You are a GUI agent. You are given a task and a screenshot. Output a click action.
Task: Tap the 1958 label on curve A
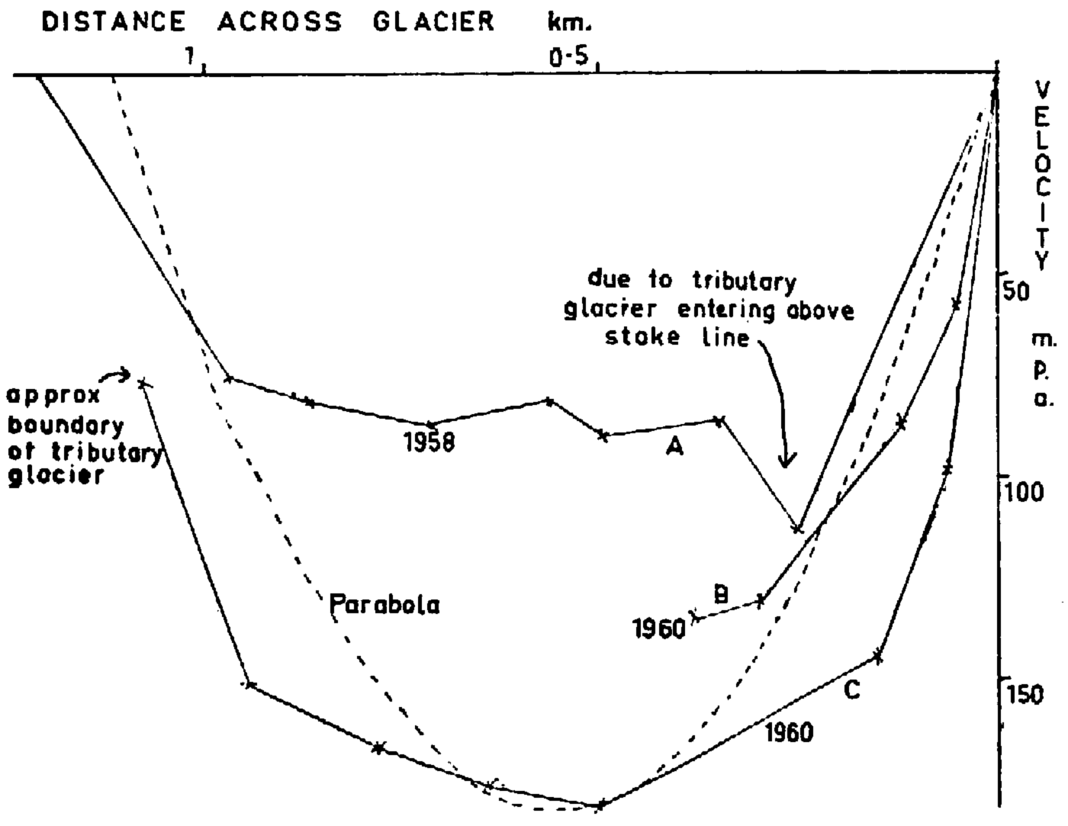click(x=429, y=442)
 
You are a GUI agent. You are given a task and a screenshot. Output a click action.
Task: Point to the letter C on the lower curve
click(x=853, y=690)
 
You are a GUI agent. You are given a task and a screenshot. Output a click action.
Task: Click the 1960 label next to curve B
click(x=659, y=630)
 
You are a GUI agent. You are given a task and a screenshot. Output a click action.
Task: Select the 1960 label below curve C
click(x=788, y=732)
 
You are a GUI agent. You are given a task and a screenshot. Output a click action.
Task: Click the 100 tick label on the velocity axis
click(x=1027, y=492)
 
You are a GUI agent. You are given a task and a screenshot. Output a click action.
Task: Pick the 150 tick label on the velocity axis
click(x=1027, y=694)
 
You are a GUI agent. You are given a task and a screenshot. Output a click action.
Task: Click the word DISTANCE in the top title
click(x=113, y=21)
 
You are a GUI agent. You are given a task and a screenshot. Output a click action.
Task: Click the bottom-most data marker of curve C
click(x=601, y=804)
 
